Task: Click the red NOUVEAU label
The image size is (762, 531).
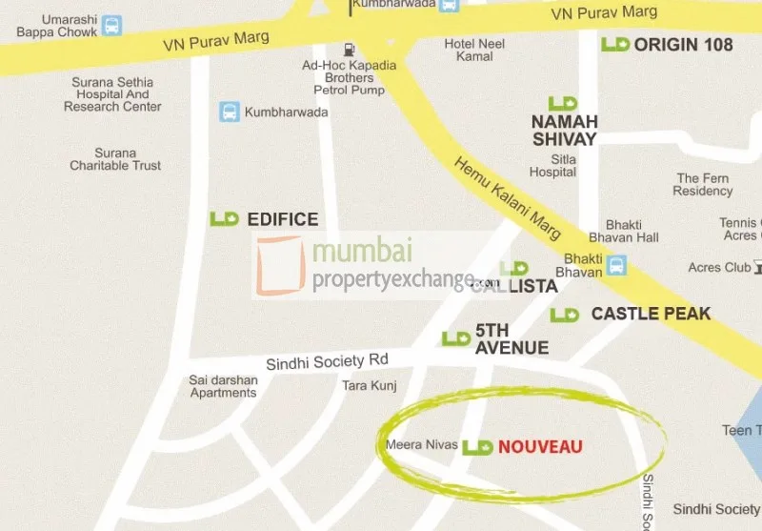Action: click(x=539, y=446)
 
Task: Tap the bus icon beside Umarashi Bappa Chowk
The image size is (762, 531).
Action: click(x=112, y=26)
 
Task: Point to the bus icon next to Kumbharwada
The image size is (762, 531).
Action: click(x=230, y=112)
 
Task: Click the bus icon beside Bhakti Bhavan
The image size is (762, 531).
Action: click(x=617, y=265)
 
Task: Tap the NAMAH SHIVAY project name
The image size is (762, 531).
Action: click(x=564, y=130)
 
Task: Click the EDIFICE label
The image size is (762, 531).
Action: click(x=282, y=219)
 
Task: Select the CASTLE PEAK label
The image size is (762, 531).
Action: click(x=651, y=314)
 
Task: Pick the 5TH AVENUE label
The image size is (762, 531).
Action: click(x=511, y=339)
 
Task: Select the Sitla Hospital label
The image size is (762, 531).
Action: click(x=553, y=166)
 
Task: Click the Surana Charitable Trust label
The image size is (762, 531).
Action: click(x=115, y=159)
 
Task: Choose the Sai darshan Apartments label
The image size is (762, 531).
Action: click(x=223, y=386)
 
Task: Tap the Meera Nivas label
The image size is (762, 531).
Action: click(x=422, y=445)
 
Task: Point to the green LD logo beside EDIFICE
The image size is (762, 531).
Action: click(x=225, y=219)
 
